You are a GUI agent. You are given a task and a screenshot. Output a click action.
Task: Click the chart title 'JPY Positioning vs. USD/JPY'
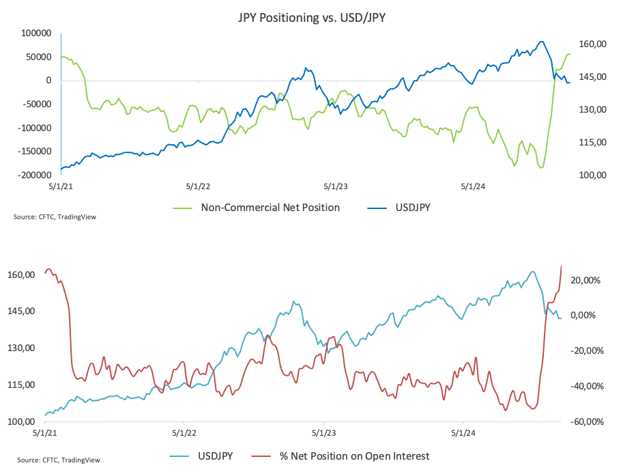coord(310,17)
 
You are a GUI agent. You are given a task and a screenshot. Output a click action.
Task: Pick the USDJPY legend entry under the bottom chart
coord(216,456)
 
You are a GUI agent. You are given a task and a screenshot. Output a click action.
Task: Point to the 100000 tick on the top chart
coord(37,33)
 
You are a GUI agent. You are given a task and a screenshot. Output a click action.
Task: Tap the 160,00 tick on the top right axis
coord(593,44)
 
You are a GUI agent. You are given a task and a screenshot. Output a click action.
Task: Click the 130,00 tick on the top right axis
coord(593,110)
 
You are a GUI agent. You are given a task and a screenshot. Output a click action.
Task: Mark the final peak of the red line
coord(561,266)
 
